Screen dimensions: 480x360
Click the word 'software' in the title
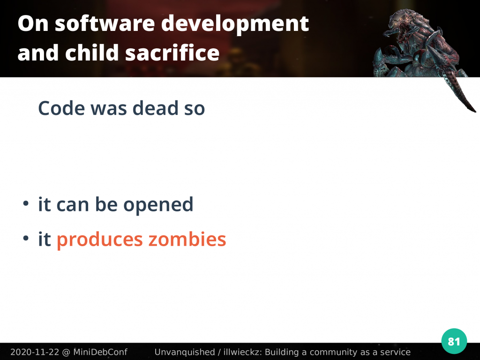click(105, 23)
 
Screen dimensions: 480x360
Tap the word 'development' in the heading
click(235, 24)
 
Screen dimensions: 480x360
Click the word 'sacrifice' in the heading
click(172, 52)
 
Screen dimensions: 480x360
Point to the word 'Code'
click(61, 108)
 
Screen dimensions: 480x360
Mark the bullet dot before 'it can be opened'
click(26, 203)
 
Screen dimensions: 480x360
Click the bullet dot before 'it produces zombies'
click(26, 238)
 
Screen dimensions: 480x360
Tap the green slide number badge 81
click(454, 341)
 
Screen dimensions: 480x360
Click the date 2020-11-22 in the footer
click(35, 352)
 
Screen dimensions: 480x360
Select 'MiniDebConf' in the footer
click(100, 352)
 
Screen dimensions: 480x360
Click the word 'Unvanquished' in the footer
click(185, 352)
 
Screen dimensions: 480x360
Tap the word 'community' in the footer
click(335, 352)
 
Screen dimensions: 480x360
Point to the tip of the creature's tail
click(475, 112)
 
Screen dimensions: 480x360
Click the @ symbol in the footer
click(66, 352)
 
